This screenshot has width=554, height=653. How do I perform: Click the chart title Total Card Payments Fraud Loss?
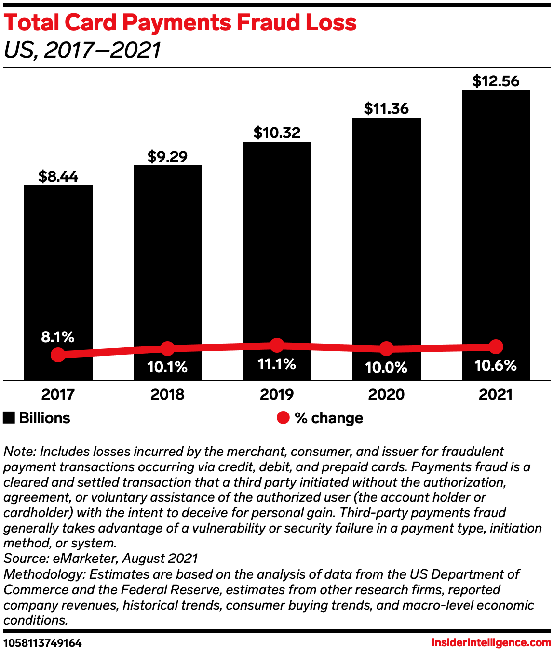click(180, 23)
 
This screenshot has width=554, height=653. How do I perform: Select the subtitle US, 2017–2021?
click(82, 50)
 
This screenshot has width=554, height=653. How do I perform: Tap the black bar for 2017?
click(58, 265)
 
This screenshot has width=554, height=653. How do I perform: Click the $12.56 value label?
click(496, 81)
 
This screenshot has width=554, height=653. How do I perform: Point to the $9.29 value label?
click(167, 157)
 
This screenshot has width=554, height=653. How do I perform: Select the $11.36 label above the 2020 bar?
click(386, 109)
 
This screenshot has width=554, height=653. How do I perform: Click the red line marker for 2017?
click(58, 355)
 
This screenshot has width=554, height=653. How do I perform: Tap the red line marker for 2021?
click(496, 346)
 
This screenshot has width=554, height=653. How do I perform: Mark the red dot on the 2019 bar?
click(277, 345)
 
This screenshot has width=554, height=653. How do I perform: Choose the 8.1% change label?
click(58, 337)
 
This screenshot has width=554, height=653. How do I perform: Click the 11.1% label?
click(277, 364)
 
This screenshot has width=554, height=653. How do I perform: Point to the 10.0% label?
click(386, 368)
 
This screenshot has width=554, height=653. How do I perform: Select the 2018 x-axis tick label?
click(167, 394)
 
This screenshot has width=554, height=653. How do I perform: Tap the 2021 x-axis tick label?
click(496, 394)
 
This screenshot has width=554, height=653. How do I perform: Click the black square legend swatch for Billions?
click(9, 418)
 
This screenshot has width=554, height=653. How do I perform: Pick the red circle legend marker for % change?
click(283, 418)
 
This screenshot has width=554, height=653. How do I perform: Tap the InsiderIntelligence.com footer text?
click(491, 642)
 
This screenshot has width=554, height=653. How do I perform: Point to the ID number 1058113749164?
click(43, 643)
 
